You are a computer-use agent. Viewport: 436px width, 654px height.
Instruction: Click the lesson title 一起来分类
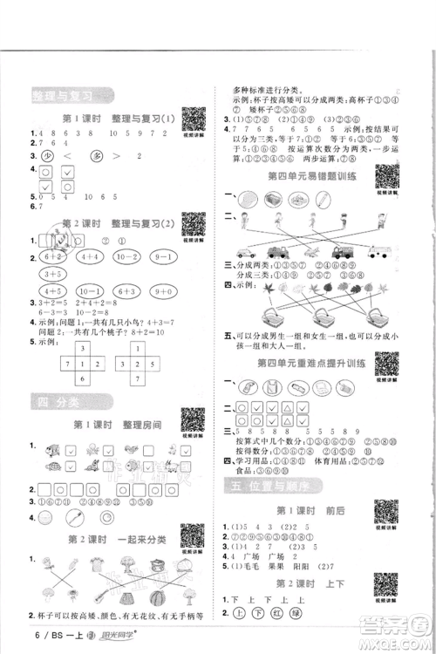point(132,540)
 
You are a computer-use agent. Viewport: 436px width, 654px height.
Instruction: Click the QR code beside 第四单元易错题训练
point(385,174)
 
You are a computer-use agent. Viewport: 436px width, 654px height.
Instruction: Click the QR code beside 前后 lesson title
point(385,511)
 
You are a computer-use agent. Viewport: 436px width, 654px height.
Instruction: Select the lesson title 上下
point(326,583)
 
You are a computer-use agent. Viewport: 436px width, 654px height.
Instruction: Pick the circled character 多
point(99,156)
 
